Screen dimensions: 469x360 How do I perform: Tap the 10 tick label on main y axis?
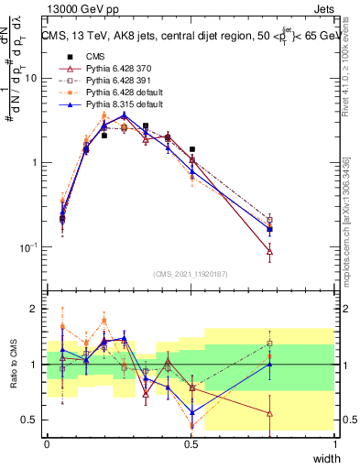[x=30, y=78]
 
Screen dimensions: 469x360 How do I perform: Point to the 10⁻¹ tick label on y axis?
[x=27, y=247]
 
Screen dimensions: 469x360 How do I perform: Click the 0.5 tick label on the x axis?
[x=191, y=443]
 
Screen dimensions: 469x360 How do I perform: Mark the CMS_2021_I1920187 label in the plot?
[x=191, y=273]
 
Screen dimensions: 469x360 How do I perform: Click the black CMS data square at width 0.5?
[x=191, y=148]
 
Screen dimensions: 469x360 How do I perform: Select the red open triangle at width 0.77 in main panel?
[x=269, y=251]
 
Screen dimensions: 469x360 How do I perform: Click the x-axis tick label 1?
[x=335, y=443]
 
